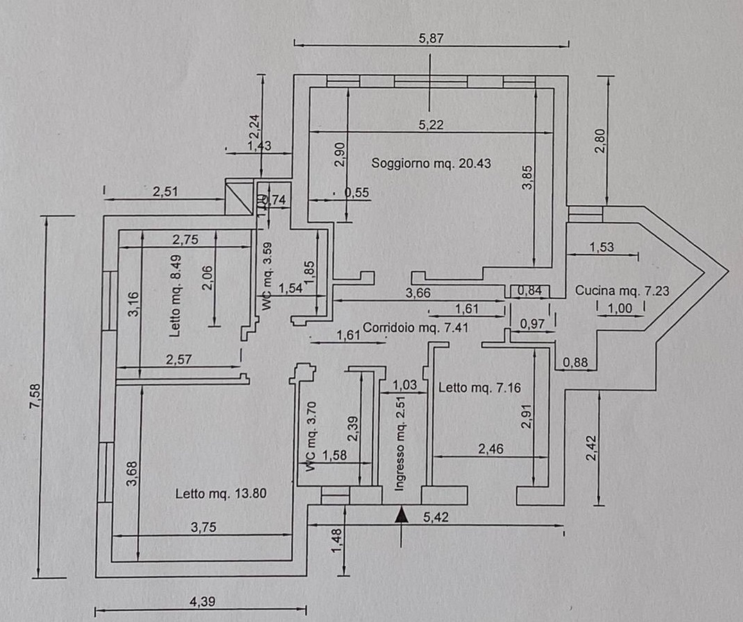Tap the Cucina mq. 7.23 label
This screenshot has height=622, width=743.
tap(622, 291)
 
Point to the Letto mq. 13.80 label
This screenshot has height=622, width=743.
tap(221, 494)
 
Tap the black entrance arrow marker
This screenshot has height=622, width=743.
tap(400, 515)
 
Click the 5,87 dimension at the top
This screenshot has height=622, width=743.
tap(431, 39)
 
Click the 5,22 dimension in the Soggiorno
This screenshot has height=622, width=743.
tap(431, 125)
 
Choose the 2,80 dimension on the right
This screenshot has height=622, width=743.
tap(600, 141)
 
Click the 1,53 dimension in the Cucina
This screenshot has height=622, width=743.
tap(601, 248)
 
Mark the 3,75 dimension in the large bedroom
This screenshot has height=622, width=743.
tap(203, 527)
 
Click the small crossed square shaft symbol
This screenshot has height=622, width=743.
tap(238, 197)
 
